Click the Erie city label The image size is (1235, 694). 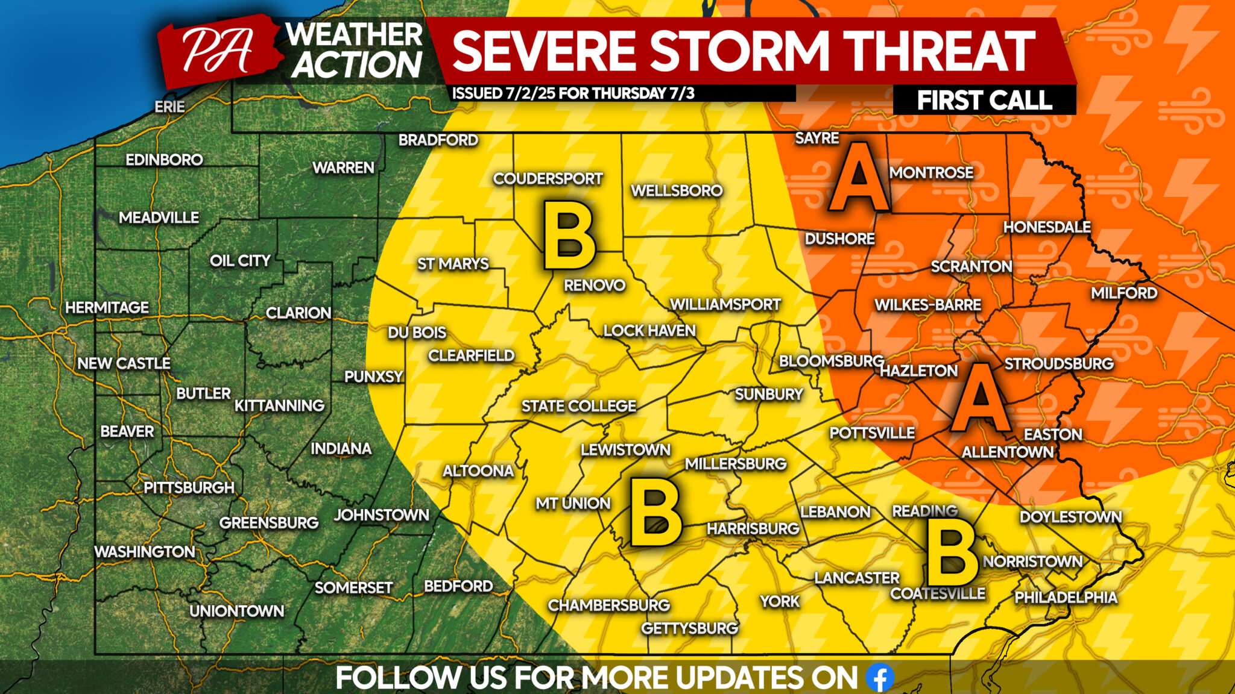point(169,107)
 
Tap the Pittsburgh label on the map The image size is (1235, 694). point(189,487)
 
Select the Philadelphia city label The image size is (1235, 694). point(1066,597)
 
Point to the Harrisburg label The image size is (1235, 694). point(753,528)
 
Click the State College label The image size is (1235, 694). point(578,406)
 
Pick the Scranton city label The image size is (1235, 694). point(971,266)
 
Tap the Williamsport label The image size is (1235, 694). point(725,304)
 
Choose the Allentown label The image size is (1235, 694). point(1007,452)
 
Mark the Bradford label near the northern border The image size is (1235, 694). point(438,140)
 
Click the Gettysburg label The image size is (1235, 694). point(689,628)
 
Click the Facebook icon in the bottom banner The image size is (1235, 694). point(880,678)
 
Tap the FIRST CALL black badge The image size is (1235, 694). point(984,100)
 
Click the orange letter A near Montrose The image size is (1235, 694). point(858,177)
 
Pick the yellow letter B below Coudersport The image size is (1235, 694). point(569,236)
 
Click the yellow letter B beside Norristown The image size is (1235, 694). point(952,552)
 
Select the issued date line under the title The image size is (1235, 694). point(573,93)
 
